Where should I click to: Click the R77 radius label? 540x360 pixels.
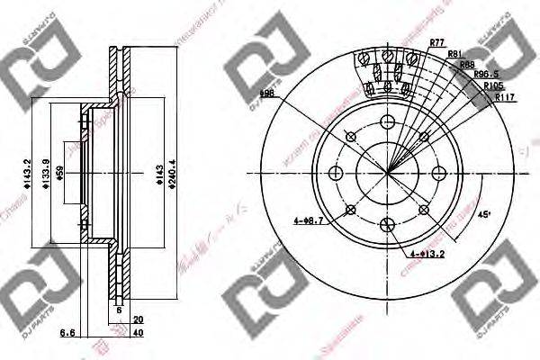[x=437, y=42]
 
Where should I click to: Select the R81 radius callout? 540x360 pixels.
[x=455, y=55]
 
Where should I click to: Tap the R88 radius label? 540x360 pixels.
[x=467, y=65]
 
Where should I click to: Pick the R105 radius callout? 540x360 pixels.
[x=493, y=86]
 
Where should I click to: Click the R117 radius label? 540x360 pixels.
[x=494, y=98]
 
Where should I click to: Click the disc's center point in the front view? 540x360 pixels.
[x=389, y=173]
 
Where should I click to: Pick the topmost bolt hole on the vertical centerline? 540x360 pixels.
[x=389, y=123]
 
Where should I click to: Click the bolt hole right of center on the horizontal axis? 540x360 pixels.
[x=440, y=173]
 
